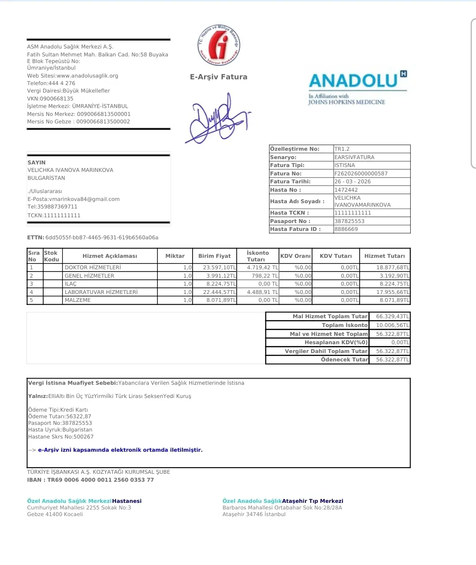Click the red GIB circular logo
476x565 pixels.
click(x=219, y=45)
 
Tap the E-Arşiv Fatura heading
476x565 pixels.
click(x=219, y=77)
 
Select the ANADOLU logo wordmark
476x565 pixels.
click(x=353, y=81)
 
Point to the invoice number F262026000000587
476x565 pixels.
click(x=361, y=174)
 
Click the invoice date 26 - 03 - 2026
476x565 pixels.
click(x=353, y=182)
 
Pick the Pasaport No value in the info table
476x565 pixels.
click(x=350, y=221)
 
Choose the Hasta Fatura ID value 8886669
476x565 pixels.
click(x=346, y=229)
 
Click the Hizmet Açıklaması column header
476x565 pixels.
click(x=110, y=256)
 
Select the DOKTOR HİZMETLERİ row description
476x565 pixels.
click(x=93, y=268)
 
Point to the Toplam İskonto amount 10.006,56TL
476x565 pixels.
click(x=392, y=325)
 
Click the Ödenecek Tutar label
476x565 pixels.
click(x=344, y=360)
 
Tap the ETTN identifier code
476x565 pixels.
click(x=101, y=238)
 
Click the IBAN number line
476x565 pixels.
click(x=90, y=480)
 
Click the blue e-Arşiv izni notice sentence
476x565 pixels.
click(x=120, y=450)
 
